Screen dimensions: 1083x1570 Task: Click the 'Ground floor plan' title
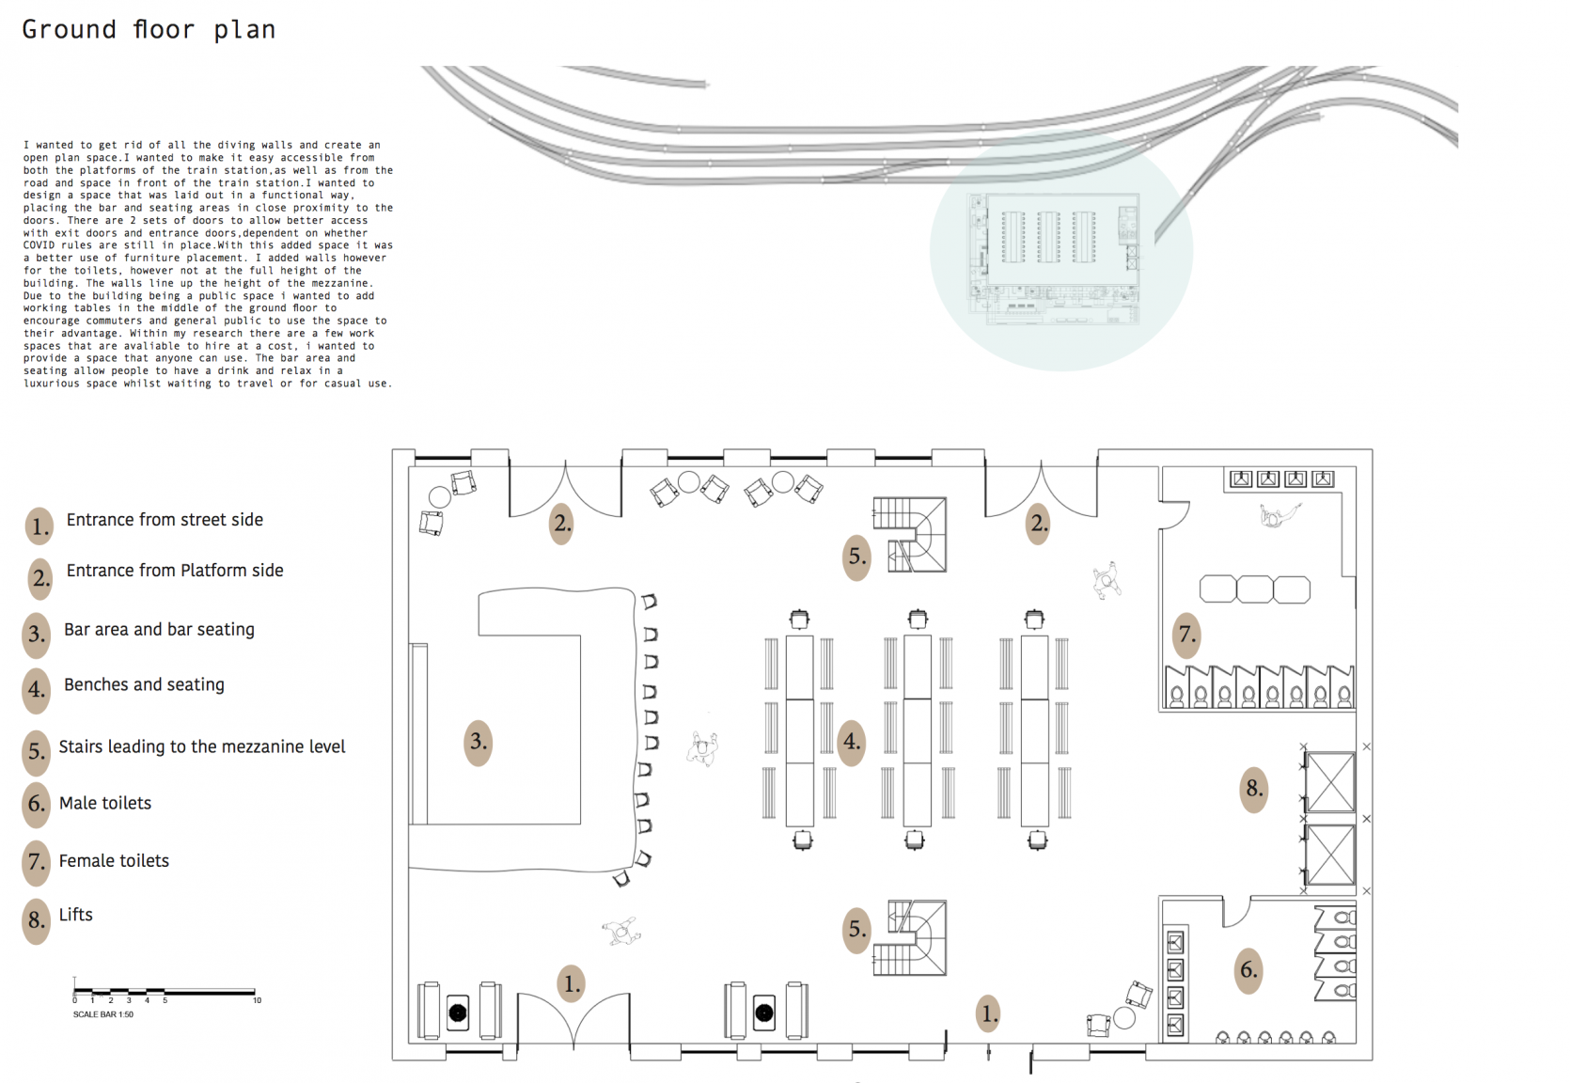pos(149,30)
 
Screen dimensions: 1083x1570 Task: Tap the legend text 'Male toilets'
pos(105,803)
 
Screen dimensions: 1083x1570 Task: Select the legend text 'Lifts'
pos(76,915)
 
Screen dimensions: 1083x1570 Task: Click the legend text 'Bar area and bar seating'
pos(159,629)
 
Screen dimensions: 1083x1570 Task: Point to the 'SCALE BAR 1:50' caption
pos(103,1014)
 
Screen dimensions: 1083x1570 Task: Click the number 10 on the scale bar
pos(257,1000)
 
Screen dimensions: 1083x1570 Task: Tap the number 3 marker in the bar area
pos(479,742)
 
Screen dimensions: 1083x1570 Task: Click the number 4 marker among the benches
pos(852,742)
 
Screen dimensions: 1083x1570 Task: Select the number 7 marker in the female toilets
pos(1187,635)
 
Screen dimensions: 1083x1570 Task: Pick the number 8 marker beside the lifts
pos(1254,789)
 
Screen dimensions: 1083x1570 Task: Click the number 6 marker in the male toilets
pos(1248,969)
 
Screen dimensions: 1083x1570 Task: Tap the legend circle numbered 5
pos(37,752)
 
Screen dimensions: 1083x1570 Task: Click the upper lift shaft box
pos(1330,781)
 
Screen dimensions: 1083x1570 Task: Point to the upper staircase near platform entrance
pos(910,534)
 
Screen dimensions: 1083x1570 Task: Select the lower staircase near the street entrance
pos(910,937)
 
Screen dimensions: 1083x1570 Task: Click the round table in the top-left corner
pos(440,497)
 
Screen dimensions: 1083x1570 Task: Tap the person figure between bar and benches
pos(702,749)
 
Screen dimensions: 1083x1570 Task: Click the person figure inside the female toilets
pos(1278,515)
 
